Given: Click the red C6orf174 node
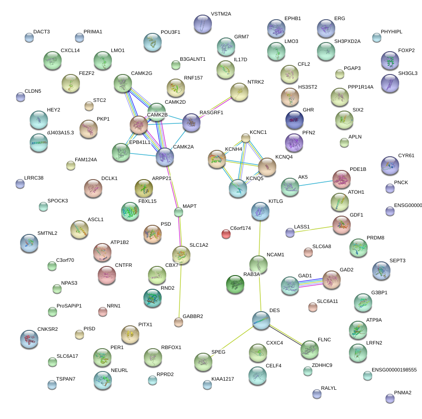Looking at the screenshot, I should click(226, 234).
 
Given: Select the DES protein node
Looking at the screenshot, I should click(261, 320).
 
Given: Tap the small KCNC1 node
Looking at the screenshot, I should click(246, 138).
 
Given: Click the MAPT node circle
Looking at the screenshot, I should click(179, 212).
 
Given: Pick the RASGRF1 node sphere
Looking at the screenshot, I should click(191, 122).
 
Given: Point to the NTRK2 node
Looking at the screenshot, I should click(239, 91).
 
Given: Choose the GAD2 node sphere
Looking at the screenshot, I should click(332, 280).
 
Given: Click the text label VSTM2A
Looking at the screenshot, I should click(221, 14).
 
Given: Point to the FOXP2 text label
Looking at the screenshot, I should click(406, 50).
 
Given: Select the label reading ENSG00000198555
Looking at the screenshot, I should click(394, 370).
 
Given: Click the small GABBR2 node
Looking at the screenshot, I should click(179, 323).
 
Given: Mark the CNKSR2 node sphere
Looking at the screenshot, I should click(29, 339).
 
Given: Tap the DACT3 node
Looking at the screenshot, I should click(29, 37).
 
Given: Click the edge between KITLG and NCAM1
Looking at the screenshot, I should click(259, 238).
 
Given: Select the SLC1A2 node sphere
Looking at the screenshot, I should click(181, 255).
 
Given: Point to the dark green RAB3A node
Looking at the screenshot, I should click(235, 284).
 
